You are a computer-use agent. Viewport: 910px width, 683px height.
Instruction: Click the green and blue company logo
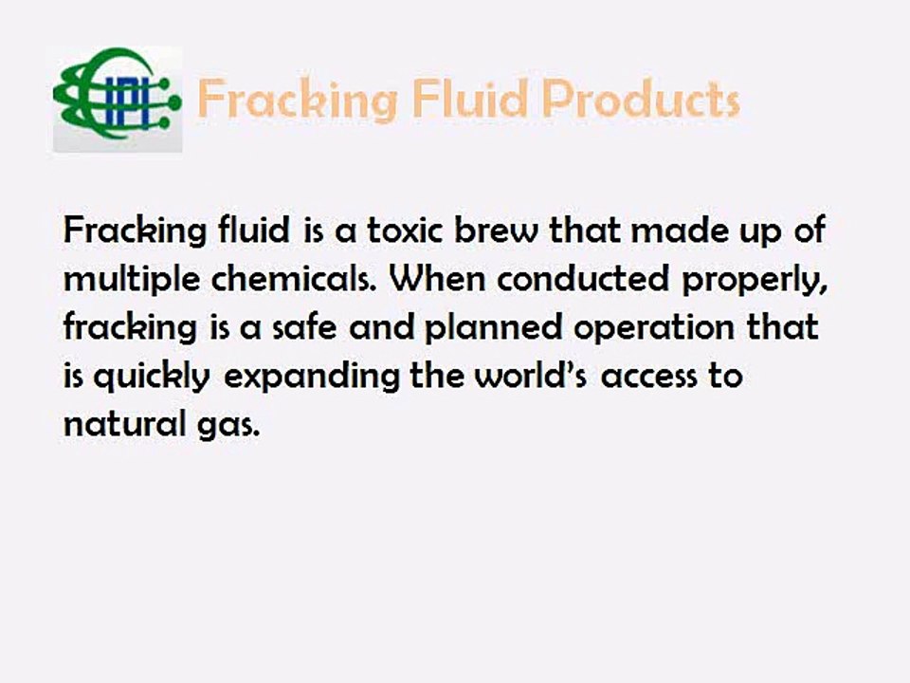(117, 99)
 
